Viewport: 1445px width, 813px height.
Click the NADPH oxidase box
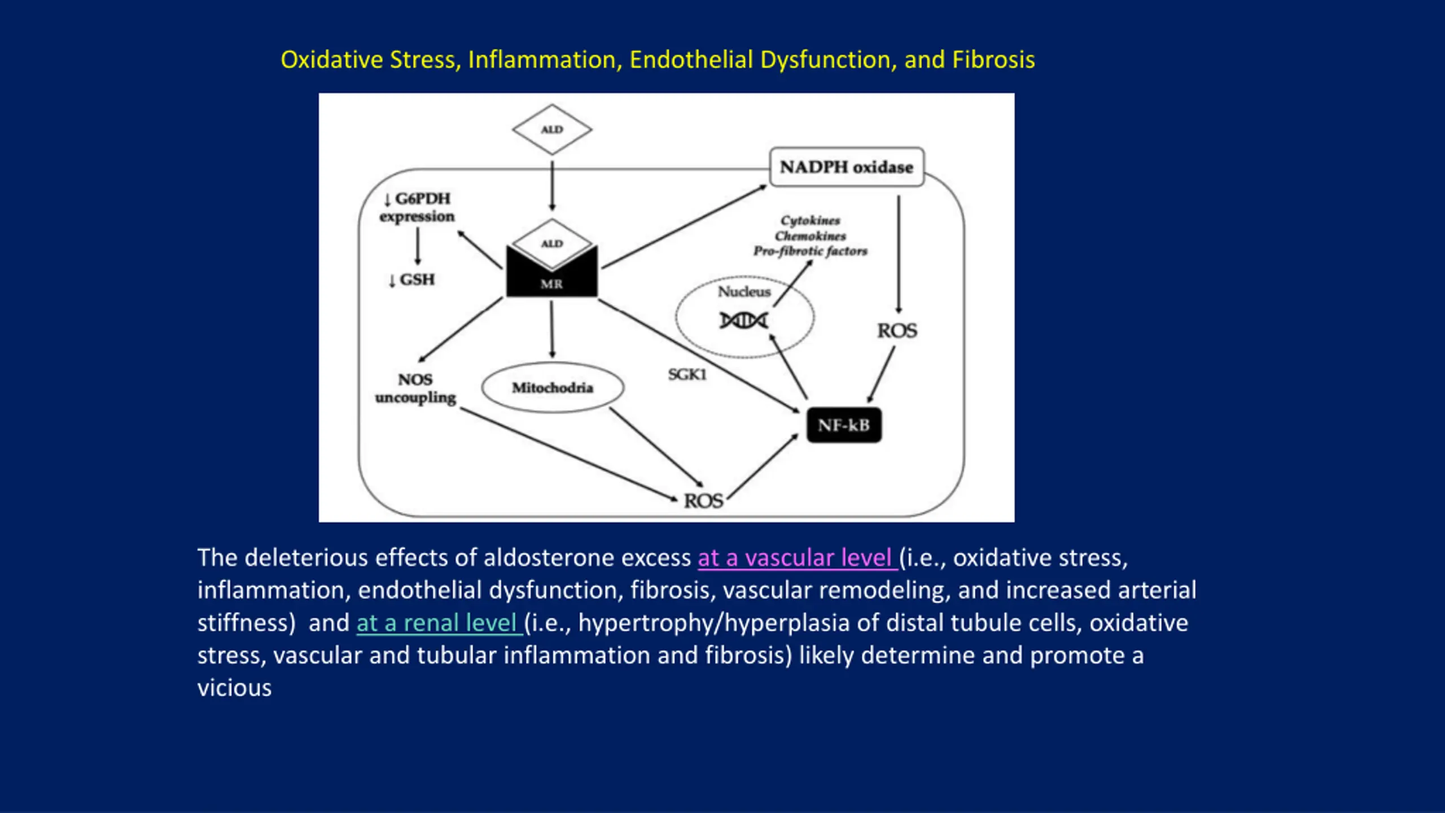tap(847, 167)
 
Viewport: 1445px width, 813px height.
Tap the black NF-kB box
tap(844, 425)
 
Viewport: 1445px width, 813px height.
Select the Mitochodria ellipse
tap(553, 387)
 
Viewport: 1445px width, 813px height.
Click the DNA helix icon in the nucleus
tap(743, 321)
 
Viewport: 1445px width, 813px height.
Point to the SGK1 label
tap(687, 374)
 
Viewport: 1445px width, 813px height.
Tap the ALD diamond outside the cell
tap(552, 129)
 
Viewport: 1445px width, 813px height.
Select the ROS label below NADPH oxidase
tap(897, 331)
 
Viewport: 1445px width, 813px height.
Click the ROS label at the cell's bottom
tap(703, 501)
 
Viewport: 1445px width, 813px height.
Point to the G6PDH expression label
tap(417, 207)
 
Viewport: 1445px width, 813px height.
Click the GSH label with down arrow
tap(411, 280)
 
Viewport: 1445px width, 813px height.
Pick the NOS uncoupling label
tap(415, 388)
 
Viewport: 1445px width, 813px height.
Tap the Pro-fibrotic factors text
tap(811, 251)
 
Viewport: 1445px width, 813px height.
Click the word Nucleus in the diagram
tap(744, 291)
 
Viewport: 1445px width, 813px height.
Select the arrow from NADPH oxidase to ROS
tap(899, 254)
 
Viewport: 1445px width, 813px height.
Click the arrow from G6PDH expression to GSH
tap(418, 246)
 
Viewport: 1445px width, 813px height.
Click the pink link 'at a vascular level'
tap(797, 558)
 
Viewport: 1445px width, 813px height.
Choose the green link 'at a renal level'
tap(439, 623)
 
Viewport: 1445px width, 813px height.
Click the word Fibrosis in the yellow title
tap(993, 60)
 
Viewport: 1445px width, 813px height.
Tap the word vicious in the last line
tap(234, 688)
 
